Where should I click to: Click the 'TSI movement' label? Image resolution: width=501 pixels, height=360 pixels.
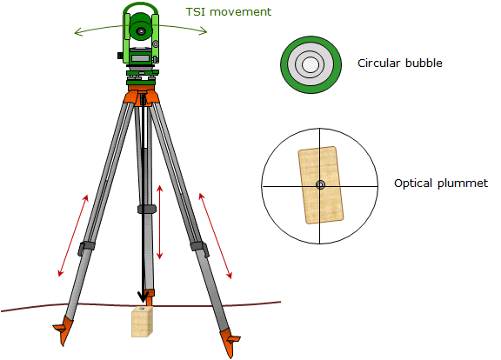(x=229, y=12)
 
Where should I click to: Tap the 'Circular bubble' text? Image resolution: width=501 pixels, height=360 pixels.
(x=400, y=63)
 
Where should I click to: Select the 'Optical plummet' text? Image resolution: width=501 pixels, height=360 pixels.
(x=441, y=183)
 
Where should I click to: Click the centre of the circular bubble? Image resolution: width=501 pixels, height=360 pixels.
(x=311, y=64)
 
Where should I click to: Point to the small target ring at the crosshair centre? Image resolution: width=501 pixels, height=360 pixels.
(x=320, y=184)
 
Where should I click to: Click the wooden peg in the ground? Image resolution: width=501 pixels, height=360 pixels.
(x=142, y=322)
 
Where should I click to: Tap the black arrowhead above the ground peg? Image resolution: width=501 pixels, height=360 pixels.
(x=143, y=297)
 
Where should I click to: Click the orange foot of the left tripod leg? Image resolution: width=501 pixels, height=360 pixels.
(x=63, y=330)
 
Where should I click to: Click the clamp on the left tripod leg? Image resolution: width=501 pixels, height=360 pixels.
(x=86, y=249)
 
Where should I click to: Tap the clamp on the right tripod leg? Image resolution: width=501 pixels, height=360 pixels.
(x=200, y=249)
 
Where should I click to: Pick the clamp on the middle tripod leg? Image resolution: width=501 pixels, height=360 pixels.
(x=147, y=210)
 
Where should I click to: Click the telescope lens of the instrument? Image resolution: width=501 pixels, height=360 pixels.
(x=141, y=31)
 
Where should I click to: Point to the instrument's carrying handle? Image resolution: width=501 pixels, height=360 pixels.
(x=141, y=8)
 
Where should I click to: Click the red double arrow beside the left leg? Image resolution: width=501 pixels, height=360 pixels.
(x=73, y=236)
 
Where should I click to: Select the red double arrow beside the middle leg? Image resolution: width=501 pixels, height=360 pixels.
(x=160, y=222)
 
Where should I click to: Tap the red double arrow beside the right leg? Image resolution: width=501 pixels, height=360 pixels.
(x=215, y=236)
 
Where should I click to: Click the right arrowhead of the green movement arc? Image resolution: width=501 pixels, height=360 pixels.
(x=204, y=31)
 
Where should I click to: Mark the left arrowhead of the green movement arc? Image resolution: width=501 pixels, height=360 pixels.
(x=78, y=32)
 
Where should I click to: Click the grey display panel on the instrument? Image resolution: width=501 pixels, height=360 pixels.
(x=141, y=58)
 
